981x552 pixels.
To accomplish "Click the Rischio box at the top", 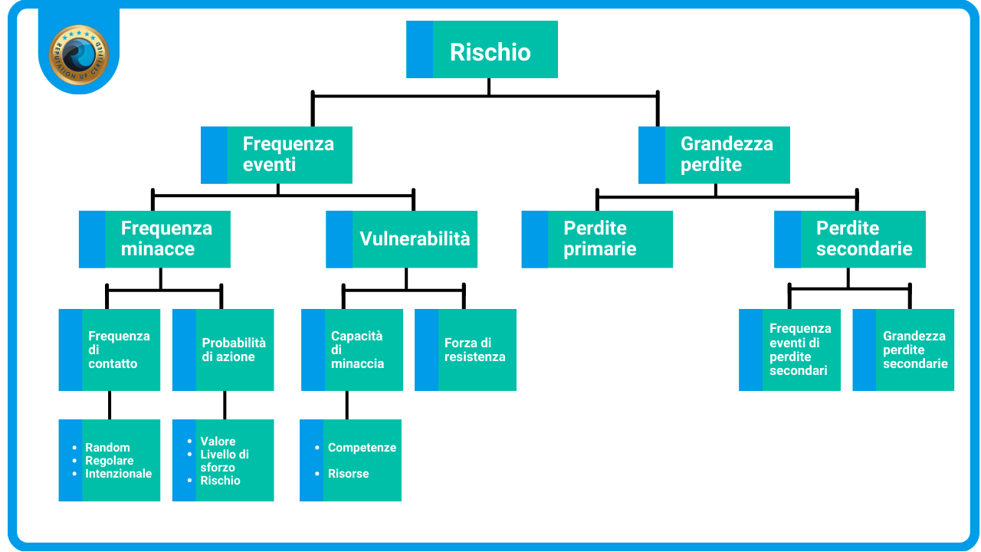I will point(482,50).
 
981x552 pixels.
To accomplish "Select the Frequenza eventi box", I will point(277,155).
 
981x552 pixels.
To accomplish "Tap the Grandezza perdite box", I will point(714,155).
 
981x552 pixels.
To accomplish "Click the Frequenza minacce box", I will point(155,239).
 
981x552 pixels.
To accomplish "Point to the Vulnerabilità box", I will point(402,239).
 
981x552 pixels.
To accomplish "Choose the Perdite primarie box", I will point(597,239).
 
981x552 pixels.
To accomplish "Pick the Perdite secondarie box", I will point(850,239).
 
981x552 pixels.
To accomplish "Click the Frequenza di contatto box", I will point(110,350).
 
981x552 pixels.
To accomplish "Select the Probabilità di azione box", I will point(223,350).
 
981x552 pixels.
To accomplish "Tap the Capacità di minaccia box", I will point(353,350).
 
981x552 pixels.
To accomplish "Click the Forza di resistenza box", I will point(465,350).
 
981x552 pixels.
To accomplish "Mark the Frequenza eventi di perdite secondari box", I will point(790,350).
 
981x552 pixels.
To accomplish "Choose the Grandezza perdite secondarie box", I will point(904,350).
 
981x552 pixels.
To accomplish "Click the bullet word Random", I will point(107,448).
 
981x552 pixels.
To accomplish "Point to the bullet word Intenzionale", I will point(118,474).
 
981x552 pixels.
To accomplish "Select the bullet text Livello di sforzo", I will point(224,461).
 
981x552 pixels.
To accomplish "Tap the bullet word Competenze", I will point(362,448).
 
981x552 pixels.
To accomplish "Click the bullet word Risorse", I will point(348,474).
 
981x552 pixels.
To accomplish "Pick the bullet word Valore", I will point(218,442).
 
